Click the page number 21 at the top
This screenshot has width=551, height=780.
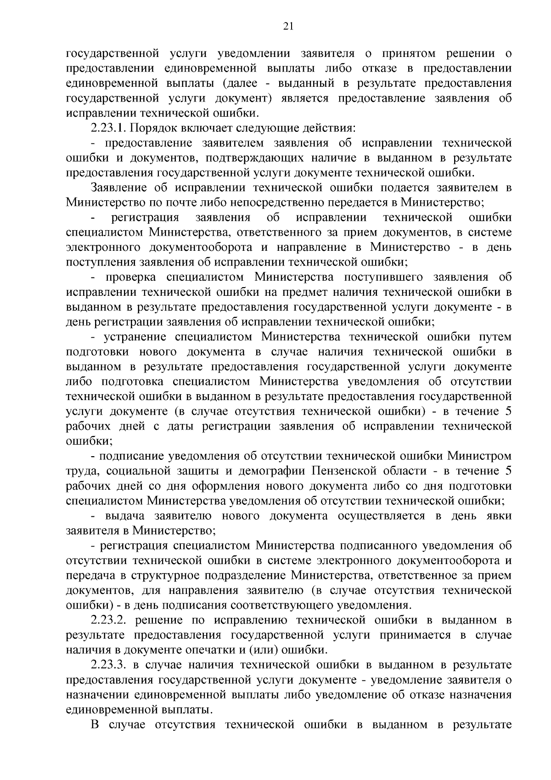[288, 26]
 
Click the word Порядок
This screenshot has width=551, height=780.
[158, 128]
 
